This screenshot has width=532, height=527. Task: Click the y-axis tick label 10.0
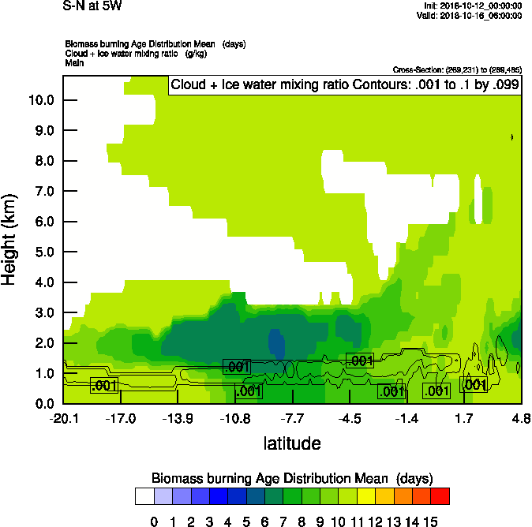point(40,100)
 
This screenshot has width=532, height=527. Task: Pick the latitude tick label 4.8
point(521,418)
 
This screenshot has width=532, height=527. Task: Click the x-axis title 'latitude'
point(292,443)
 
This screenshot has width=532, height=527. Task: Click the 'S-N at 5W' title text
point(92,6)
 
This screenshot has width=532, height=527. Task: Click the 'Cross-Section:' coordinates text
point(456,69)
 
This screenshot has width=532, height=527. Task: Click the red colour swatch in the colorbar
point(440,496)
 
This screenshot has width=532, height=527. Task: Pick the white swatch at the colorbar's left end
point(144,496)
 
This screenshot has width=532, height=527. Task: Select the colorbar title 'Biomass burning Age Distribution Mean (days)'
point(292,478)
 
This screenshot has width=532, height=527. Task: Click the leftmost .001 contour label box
point(105,386)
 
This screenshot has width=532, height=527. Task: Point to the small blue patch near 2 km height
point(276,343)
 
